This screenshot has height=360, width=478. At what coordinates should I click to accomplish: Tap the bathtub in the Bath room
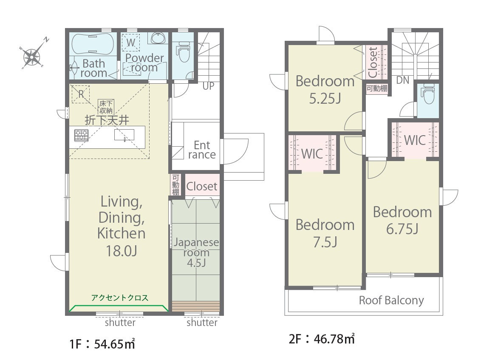(92, 44)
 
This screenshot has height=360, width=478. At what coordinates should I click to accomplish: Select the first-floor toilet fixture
(183, 51)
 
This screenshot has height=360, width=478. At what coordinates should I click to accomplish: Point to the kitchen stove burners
(82, 135)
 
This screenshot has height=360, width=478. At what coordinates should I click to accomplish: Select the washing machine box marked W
(131, 43)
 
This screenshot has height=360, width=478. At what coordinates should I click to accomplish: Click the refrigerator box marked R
(80, 94)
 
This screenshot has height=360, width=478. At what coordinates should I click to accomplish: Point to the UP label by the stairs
(208, 86)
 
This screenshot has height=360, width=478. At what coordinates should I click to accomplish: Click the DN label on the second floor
(402, 80)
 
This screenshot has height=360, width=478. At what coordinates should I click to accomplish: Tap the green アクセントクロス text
(120, 298)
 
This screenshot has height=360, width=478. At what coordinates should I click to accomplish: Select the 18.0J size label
(122, 251)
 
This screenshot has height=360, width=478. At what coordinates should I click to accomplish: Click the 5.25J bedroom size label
(325, 99)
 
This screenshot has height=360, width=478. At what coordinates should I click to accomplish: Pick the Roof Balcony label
(391, 300)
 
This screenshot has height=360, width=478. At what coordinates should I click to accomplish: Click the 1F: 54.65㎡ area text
(102, 343)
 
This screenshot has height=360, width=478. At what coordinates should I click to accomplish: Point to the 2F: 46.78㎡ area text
(322, 339)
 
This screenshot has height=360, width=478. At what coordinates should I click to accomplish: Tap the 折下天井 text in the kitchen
(107, 120)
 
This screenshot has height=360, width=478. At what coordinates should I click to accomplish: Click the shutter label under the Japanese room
(202, 323)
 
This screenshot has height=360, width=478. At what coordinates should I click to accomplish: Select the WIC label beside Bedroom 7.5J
(312, 154)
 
